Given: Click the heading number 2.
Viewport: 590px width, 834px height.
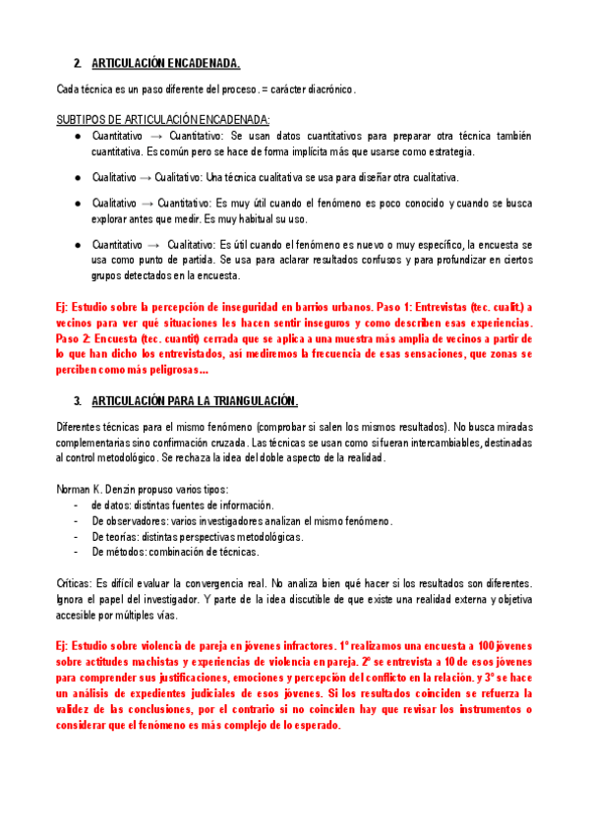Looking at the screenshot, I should coord(78,64).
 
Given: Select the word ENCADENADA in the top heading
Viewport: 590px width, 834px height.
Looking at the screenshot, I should coord(202,64).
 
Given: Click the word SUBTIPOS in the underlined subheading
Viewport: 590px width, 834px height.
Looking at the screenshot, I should coord(82,120).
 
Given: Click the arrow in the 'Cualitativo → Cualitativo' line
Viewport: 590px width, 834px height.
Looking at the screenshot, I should coord(143,177).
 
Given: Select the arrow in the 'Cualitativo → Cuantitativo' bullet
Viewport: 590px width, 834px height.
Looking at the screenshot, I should coord(143,203).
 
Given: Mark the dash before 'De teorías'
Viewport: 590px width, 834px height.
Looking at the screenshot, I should coord(77,537).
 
